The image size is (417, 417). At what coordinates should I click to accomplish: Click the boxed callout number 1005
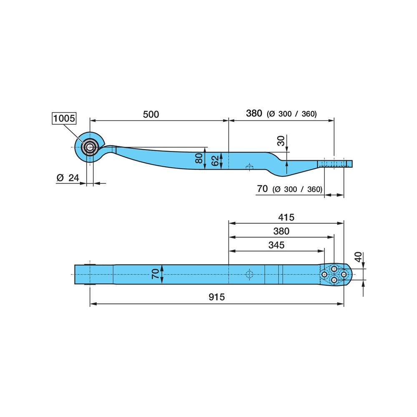pos(64,118)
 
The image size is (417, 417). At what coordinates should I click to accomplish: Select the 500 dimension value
pos(151,114)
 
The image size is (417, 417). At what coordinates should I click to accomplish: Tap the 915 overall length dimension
pos(216,297)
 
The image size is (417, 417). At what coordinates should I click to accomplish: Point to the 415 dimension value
pos(286,217)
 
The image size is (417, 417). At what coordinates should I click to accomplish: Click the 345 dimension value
pos(276,245)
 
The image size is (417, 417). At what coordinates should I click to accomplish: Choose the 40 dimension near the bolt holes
pos(358,257)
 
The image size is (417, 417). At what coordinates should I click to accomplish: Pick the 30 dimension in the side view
pos(281,141)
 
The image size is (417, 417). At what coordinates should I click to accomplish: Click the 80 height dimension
pos(199,158)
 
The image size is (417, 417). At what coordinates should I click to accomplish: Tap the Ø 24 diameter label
pos(68,178)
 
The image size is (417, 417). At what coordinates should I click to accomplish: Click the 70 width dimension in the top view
pos(155,274)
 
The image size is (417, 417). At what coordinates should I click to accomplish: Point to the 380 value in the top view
pos(281,231)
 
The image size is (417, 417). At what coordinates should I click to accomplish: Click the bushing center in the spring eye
pos(90,147)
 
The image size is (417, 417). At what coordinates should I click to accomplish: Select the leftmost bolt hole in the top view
pos(324,274)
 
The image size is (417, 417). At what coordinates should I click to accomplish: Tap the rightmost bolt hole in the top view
pos(344,274)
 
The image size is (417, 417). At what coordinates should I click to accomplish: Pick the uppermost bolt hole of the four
pos(334,269)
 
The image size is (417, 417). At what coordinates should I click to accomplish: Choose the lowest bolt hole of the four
pos(334,280)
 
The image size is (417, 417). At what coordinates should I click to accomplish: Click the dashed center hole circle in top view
pos(249,274)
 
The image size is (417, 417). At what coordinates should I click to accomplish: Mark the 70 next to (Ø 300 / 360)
pos(262,188)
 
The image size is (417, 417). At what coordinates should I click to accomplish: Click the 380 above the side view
pos(254,113)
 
